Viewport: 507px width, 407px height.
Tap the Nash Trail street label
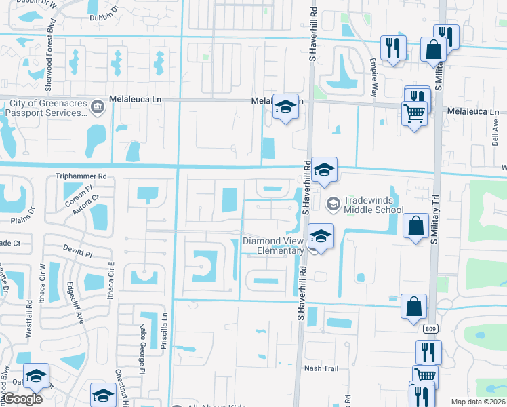point(321,368)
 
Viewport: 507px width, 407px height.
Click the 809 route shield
point(431,329)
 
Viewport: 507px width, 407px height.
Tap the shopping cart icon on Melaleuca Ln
point(413,113)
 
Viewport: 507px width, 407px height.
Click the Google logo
point(23,399)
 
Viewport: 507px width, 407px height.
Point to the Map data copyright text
point(478,402)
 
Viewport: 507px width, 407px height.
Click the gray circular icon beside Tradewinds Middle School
point(333,202)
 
